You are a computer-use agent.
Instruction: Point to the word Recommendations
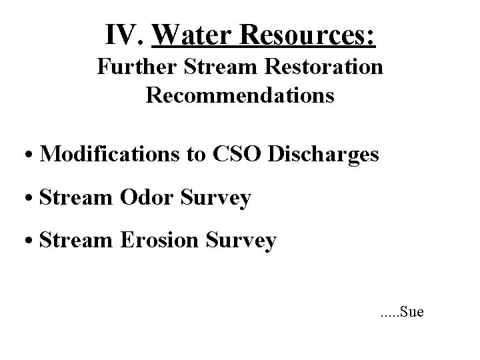point(240,95)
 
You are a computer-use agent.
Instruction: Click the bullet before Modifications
point(31,155)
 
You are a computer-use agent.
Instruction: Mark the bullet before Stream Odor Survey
point(31,199)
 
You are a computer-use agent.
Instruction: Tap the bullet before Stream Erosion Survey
point(31,242)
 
